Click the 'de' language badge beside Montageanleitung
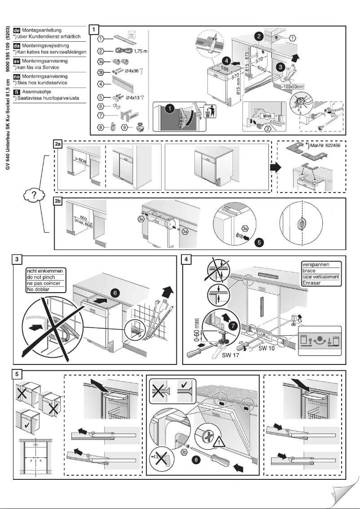(18, 30)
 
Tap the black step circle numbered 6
(115, 293)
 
